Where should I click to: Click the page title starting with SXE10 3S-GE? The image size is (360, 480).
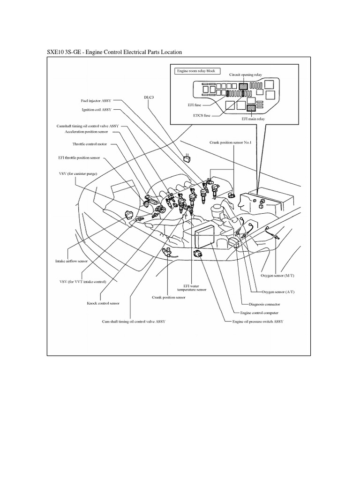114,52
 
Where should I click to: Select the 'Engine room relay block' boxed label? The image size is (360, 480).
195,71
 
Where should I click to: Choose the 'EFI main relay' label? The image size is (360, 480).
253,120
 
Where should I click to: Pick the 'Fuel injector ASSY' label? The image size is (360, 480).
96,101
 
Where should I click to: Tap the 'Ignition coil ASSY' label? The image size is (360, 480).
97,110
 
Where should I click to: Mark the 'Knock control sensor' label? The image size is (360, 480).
103,303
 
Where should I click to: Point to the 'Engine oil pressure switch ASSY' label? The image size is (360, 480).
258,322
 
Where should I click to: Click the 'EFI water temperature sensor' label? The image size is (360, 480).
195,287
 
